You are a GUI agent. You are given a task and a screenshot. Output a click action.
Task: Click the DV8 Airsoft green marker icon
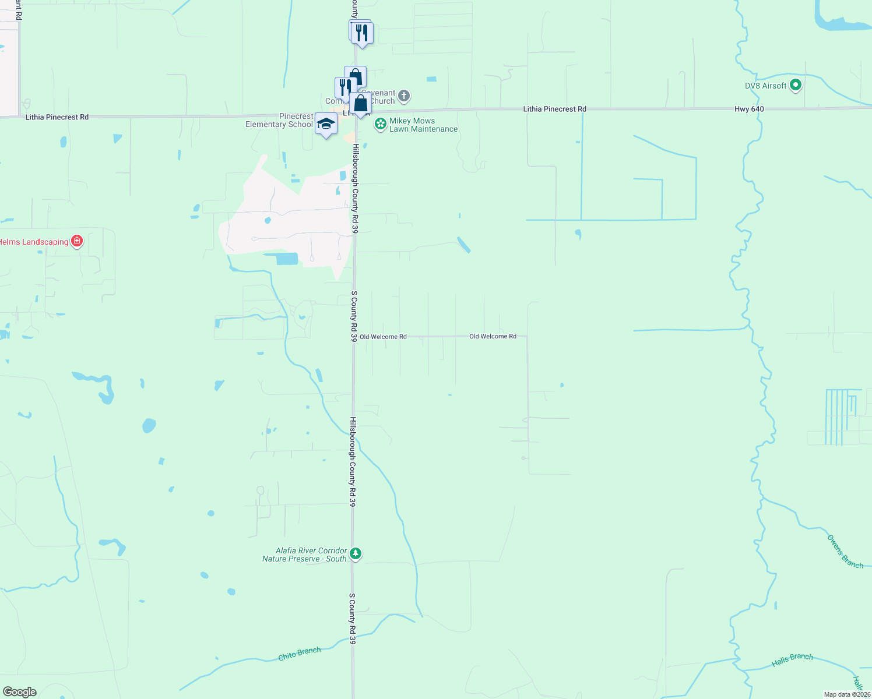796,86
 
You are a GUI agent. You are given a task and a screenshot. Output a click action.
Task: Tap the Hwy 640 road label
749,109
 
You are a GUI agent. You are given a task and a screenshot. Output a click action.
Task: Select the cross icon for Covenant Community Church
403,96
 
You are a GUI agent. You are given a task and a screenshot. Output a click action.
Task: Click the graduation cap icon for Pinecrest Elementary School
326,123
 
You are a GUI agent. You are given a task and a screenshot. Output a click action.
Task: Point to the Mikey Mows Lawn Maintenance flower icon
381,124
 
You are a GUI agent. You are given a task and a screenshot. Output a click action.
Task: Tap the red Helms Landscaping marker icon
77,241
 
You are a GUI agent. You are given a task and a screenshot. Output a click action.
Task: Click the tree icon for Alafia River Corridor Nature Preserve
356,554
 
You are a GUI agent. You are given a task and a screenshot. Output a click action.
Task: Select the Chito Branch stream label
299,654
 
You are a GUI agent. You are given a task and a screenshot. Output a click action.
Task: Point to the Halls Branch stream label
792,659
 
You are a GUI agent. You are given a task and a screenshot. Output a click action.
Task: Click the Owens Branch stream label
845,552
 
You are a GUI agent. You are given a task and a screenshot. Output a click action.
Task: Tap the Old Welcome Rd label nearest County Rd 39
383,337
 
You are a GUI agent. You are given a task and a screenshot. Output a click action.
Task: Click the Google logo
19,692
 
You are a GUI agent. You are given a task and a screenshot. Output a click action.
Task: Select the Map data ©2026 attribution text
847,694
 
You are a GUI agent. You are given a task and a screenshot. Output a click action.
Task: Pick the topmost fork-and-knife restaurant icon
362,33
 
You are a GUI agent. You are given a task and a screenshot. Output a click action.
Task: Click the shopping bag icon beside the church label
361,104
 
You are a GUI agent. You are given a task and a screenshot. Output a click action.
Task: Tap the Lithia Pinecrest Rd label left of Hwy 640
554,109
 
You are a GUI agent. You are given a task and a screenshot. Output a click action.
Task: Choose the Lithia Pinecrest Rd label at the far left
57,117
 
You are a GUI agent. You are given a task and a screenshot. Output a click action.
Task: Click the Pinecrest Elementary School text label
279,121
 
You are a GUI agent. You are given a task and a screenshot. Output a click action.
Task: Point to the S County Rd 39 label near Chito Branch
353,618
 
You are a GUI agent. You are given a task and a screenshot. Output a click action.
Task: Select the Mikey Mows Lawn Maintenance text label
423,125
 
